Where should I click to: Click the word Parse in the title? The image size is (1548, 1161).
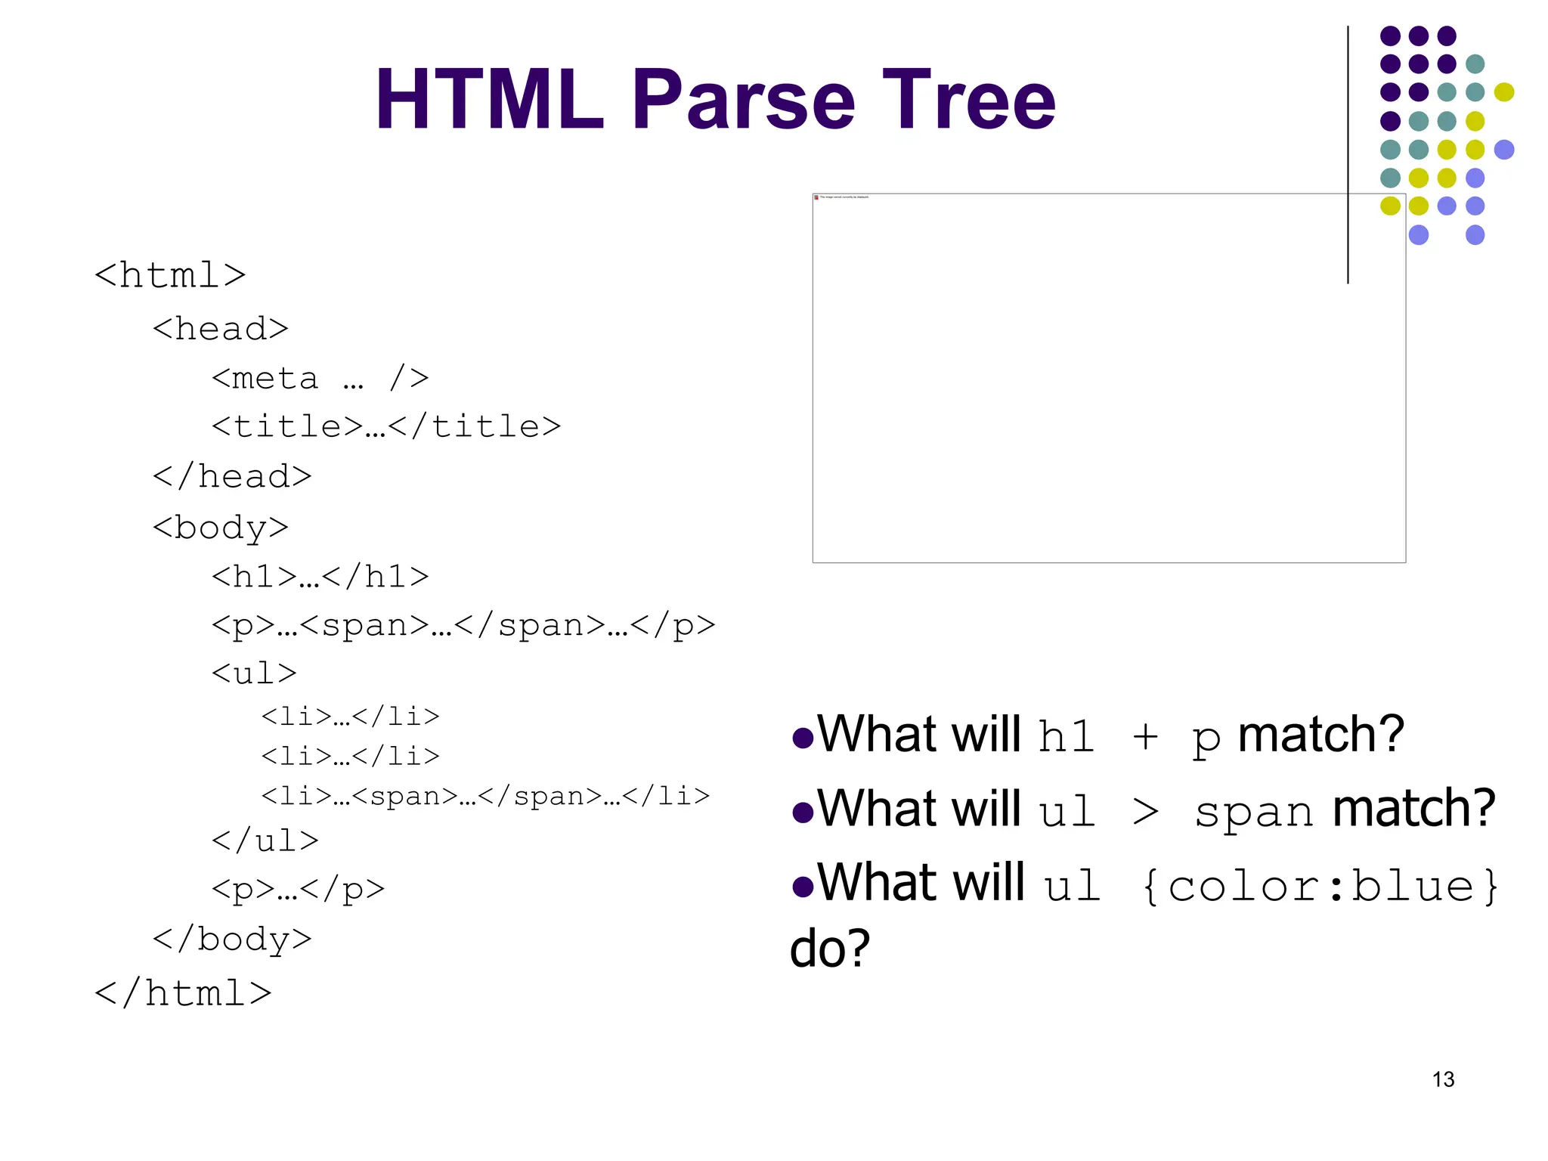744,100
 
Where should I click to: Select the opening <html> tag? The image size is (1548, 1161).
170,275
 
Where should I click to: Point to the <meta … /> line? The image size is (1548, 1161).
320,378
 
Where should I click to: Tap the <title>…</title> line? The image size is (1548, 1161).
385,427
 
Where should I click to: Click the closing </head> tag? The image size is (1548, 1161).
232,477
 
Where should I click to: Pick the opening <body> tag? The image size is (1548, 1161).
220,528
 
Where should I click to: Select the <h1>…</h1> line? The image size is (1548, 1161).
320,577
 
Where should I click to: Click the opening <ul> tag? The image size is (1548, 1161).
254,673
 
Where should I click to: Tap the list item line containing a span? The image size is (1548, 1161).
485,796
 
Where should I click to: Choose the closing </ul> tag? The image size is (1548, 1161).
265,841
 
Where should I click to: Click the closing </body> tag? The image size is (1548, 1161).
232,940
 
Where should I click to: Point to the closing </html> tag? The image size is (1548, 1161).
183,993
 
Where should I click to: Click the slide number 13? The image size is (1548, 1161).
1443,1079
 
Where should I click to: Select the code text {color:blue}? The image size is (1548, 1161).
1320,886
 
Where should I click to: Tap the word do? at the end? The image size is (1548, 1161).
830,949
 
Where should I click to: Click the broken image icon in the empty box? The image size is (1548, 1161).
816,197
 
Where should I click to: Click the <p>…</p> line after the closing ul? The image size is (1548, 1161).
298,890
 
